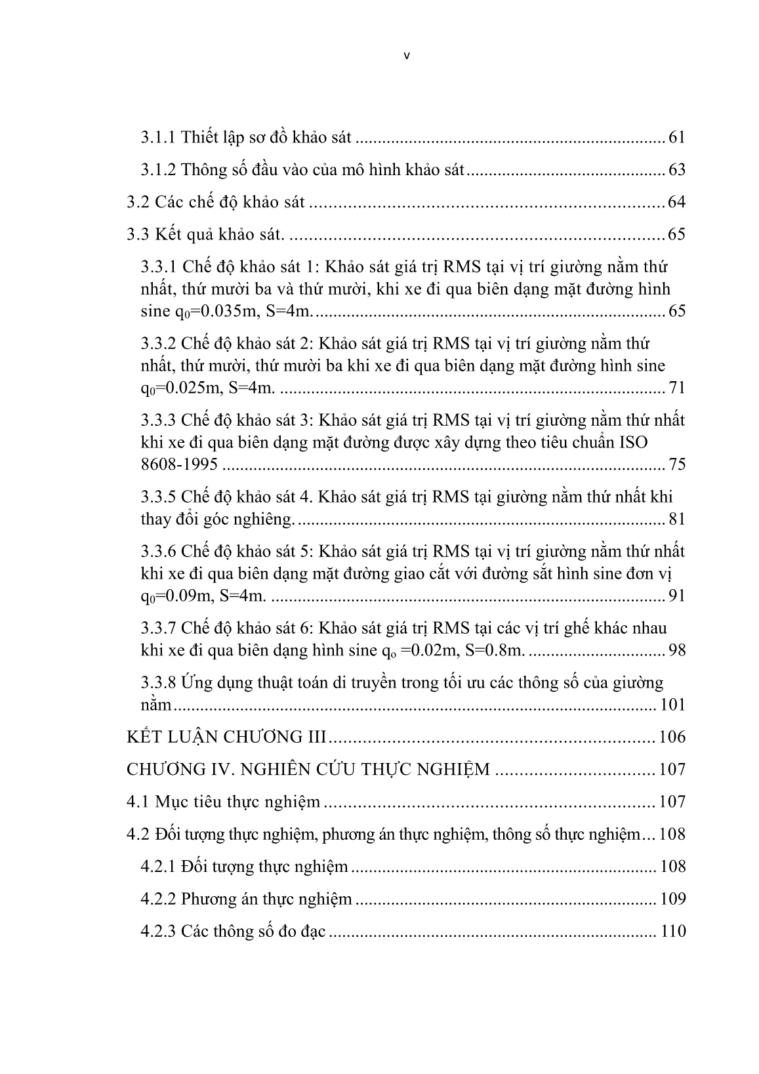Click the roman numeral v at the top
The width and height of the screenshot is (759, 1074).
click(x=406, y=56)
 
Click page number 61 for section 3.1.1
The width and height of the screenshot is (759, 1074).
click(x=676, y=138)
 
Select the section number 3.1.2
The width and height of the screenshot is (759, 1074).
click(x=158, y=170)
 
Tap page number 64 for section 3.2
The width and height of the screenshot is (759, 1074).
click(x=676, y=202)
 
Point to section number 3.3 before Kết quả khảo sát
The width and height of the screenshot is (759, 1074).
click(x=138, y=234)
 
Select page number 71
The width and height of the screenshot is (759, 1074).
click(x=676, y=388)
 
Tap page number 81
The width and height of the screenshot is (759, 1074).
click(x=676, y=520)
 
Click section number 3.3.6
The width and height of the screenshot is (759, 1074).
click(x=158, y=551)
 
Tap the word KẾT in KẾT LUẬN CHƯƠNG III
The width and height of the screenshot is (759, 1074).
click(x=144, y=737)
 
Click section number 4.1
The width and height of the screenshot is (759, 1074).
click(x=138, y=802)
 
